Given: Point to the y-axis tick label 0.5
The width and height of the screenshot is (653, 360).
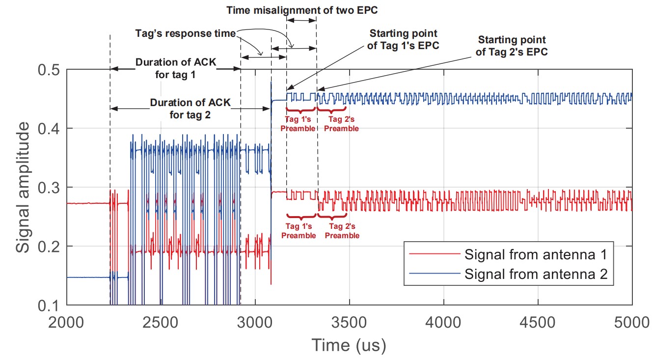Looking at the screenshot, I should [x=49, y=69].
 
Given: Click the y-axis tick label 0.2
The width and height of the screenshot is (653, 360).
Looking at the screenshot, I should [x=49, y=246].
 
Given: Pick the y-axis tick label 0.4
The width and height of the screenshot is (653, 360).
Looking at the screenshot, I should [x=49, y=128].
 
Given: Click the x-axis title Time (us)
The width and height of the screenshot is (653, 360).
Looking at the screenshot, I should [x=349, y=345].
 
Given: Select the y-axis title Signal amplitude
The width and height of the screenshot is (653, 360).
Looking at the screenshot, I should [x=23, y=188].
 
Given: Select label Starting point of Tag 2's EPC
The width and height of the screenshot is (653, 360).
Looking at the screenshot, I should [x=512, y=45].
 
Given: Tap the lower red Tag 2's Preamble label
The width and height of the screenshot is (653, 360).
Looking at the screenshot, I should [x=342, y=231].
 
